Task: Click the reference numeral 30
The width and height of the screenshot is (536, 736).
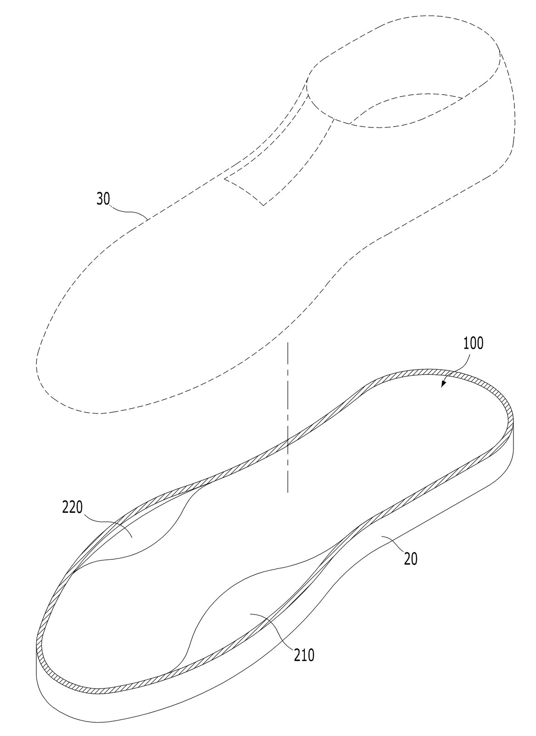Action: point(103,199)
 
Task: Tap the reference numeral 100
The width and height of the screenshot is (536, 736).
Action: point(473,344)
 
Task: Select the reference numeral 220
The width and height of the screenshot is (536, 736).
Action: point(72,508)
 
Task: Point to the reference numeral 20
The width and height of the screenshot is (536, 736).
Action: point(411,559)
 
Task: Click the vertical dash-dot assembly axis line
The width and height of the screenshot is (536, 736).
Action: point(288,417)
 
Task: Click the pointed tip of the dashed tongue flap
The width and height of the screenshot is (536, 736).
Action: point(264,205)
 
